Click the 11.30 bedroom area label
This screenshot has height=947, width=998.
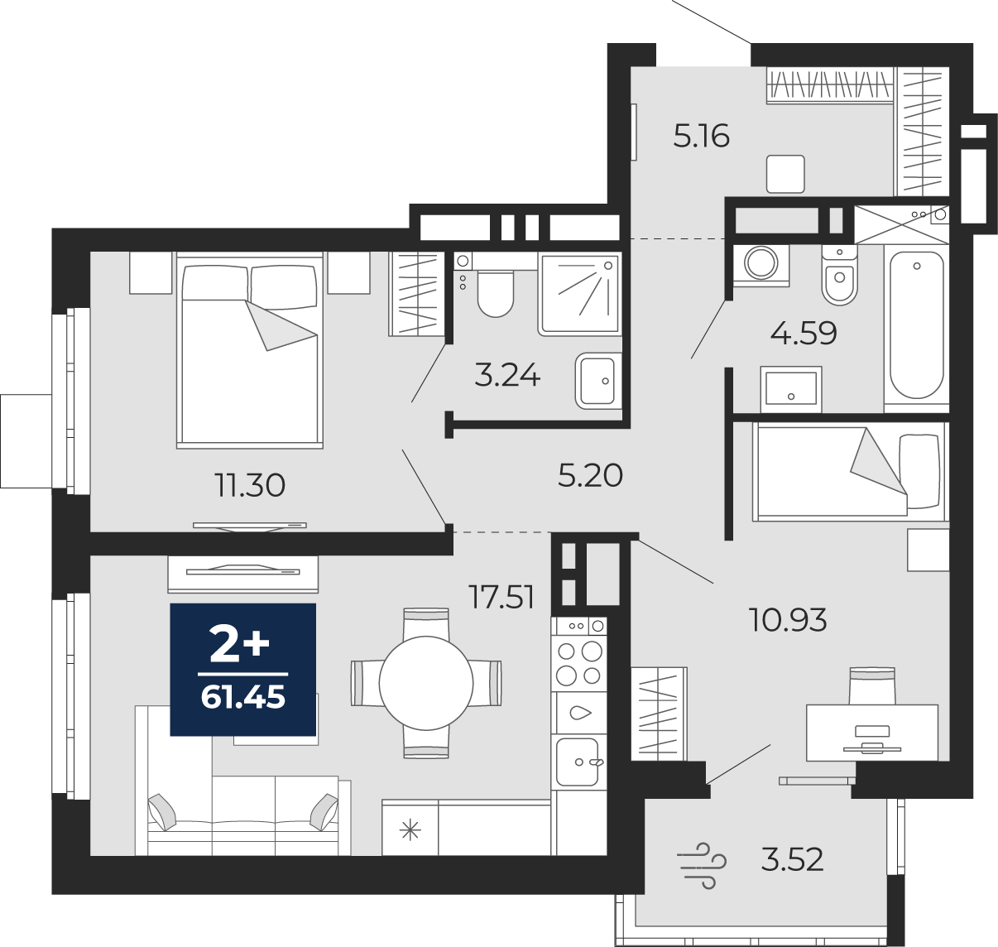point(250,485)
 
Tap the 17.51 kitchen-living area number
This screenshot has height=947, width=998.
point(501,597)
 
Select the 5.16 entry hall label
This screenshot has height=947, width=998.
point(702,136)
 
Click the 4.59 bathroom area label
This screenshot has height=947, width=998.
point(804,334)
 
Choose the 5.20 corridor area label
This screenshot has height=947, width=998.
point(590,476)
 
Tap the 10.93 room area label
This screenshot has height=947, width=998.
point(788,620)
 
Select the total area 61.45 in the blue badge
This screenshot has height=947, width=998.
point(243,698)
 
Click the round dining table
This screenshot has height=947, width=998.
point(426,683)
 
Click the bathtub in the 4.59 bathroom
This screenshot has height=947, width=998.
point(916,325)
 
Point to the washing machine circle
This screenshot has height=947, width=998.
point(761,262)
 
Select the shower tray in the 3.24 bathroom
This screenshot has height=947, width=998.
point(581,295)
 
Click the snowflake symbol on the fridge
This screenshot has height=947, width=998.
point(410,831)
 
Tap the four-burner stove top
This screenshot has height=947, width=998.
point(579,662)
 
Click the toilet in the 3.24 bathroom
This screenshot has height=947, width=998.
point(496,293)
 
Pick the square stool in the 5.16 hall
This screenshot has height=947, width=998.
point(785,174)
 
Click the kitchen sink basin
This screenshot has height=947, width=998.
point(578,762)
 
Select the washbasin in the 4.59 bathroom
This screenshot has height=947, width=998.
point(791,388)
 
